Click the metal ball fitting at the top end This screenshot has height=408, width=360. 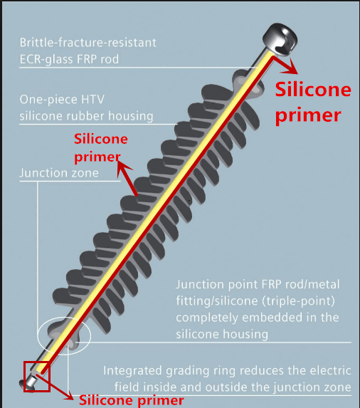click(280, 39)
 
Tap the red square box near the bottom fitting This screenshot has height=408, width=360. click(24, 376)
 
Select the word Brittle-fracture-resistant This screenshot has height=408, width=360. click(88, 43)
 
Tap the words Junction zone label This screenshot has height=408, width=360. click(59, 173)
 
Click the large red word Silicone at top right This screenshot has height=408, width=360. click(313, 89)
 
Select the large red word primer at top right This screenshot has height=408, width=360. click(308, 115)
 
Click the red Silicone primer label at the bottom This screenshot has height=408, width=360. click(131, 400)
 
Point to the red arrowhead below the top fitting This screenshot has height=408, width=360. click(292, 67)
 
